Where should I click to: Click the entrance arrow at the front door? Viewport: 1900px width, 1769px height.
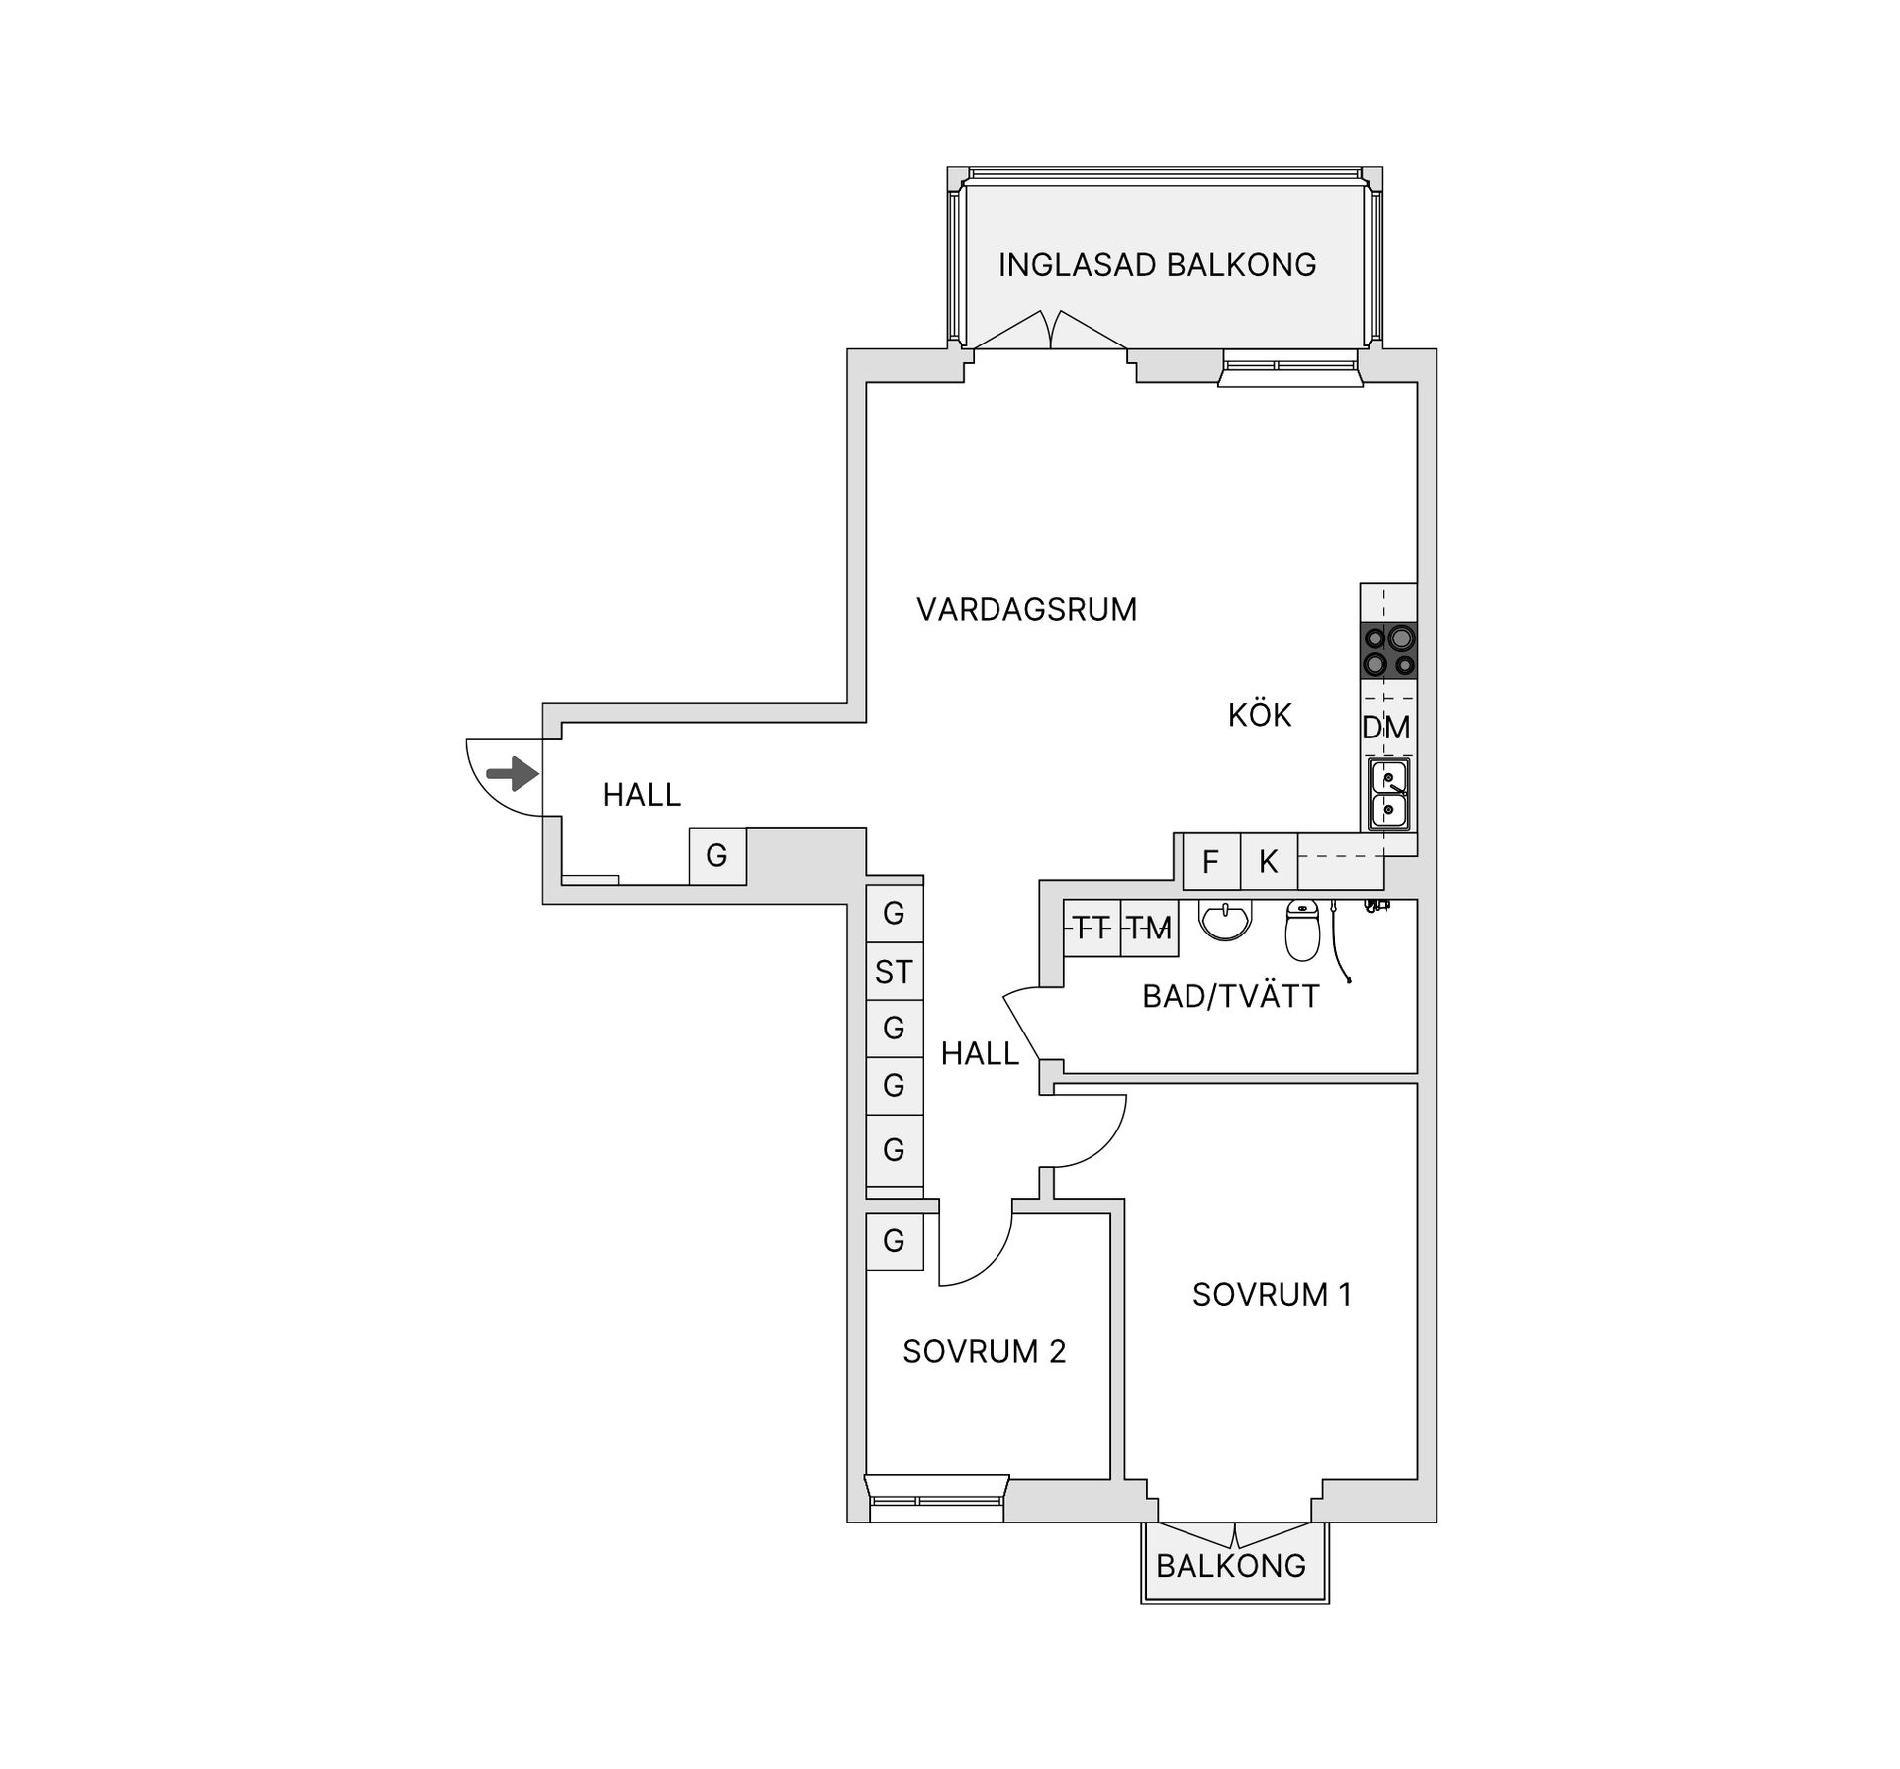513,773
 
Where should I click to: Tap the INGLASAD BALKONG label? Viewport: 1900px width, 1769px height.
1157,265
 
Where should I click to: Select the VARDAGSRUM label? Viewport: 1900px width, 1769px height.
1026,609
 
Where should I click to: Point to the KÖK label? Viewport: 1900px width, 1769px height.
1259,715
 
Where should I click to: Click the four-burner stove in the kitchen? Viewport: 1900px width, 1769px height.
1388,650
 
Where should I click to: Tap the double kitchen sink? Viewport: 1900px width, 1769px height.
1388,794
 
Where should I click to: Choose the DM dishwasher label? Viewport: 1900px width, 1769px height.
1385,728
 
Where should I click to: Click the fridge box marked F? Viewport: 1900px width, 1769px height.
1210,862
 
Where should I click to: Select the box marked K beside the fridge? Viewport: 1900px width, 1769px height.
1268,862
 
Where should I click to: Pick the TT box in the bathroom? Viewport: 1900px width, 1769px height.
1092,928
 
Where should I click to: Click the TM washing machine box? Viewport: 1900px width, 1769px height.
1150,928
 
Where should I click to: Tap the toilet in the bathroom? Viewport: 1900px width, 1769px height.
1302,930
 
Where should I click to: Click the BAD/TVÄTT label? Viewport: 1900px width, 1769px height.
1230,996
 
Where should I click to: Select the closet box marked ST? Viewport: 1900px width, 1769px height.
894,972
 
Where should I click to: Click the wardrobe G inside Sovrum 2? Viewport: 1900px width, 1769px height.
894,1241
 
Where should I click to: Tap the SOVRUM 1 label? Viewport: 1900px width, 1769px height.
1272,1295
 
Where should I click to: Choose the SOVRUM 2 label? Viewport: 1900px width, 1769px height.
984,1352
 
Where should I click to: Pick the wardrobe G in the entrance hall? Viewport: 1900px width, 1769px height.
716,855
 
